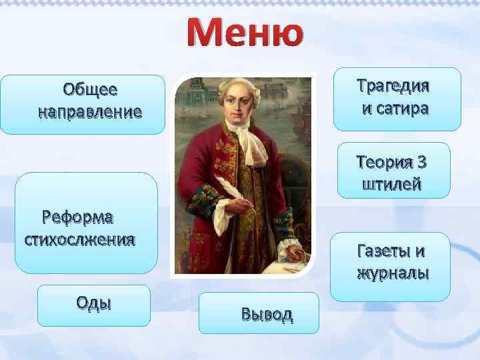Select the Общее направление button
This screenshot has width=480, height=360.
pos(83,104)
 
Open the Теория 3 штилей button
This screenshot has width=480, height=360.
pos(393,171)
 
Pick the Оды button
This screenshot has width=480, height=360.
pos(94,305)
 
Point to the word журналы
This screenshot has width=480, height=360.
pos(393,274)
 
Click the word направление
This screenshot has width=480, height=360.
pos(90,111)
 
